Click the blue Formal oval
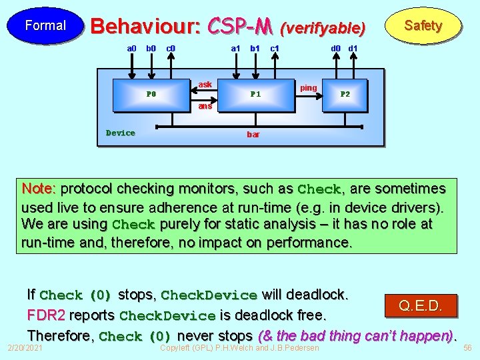tap(45, 26)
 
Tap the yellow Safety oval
tap(423, 26)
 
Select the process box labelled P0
tap(151, 95)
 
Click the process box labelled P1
tap(255, 95)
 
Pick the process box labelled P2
tap(345, 95)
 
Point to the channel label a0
tap(131, 49)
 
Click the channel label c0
tap(171, 49)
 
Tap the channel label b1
tap(255, 49)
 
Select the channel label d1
tap(353, 49)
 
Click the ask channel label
tap(205, 85)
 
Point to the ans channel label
tap(205, 106)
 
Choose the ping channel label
tap(309, 87)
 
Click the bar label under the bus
tap(253, 135)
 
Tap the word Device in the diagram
tap(121, 133)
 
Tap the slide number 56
tap(467, 348)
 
